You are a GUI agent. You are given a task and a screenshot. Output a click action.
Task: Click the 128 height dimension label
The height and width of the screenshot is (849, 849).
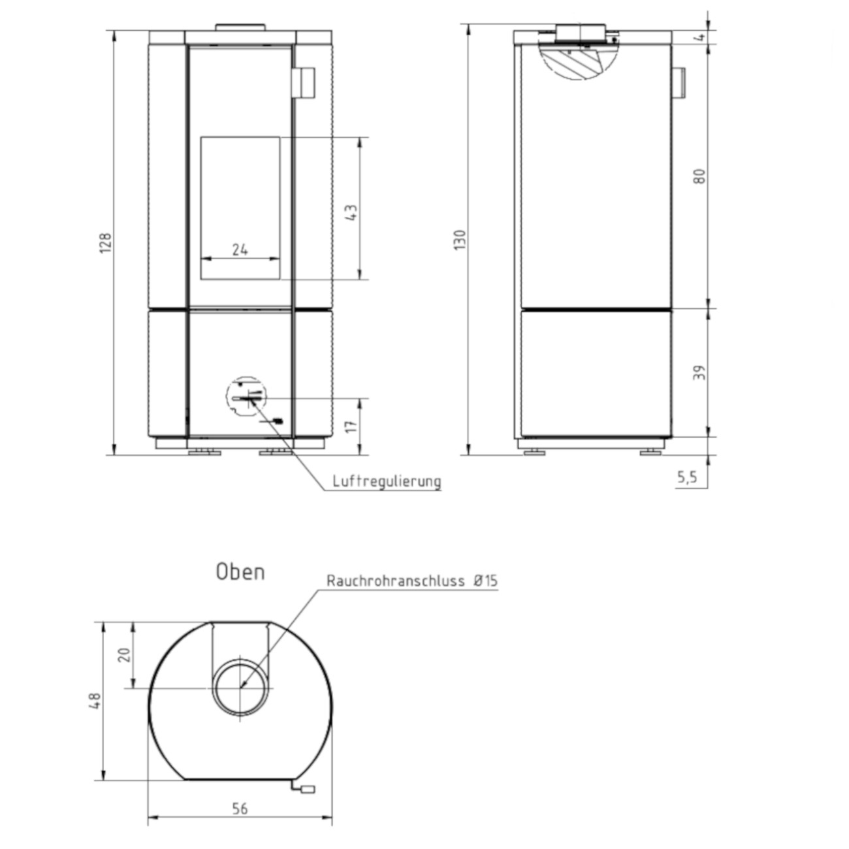[x=106, y=243]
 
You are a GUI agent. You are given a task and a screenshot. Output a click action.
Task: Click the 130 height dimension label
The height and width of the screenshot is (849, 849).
[x=460, y=240]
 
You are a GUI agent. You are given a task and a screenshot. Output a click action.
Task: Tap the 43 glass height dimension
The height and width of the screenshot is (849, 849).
[x=351, y=213]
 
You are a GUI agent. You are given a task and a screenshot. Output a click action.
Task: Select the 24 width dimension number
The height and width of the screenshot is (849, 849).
[x=240, y=250]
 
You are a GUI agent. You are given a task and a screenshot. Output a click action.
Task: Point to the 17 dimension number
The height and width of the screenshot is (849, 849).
[x=351, y=426]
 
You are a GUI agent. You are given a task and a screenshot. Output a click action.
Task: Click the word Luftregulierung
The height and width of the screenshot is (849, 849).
[x=387, y=481]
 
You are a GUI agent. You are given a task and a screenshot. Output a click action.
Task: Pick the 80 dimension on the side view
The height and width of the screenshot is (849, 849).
[x=699, y=176]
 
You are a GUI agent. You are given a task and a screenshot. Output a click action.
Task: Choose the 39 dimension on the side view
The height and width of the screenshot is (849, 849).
[x=699, y=372]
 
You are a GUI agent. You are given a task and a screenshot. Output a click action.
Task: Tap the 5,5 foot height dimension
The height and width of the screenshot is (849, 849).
[x=687, y=477]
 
